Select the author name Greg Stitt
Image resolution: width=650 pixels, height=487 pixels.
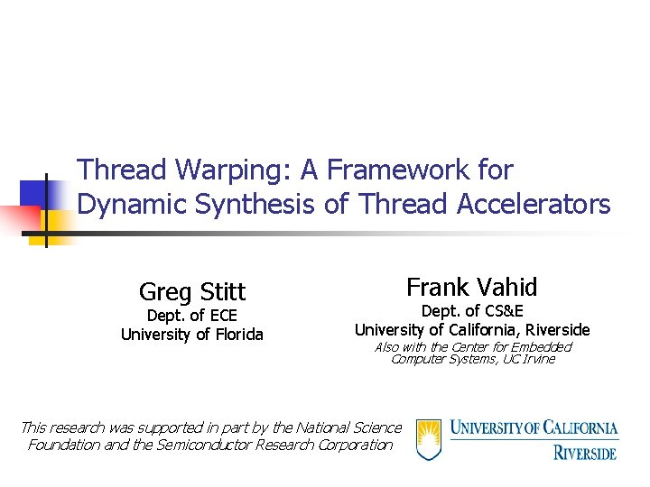pyautogui.click(x=192, y=292)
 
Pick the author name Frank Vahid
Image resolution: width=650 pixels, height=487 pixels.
pyautogui.click(x=471, y=288)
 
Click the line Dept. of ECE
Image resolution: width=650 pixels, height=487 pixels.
pyautogui.click(x=192, y=316)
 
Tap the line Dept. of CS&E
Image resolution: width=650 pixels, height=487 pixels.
pyautogui.click(x=472, y=311)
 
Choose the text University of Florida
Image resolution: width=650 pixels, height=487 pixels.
pyautogui.click(x=192, y=335)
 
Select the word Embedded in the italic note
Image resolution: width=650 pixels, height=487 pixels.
pyautogui.click(x=540, y=347)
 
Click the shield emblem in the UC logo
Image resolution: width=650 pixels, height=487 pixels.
pyautogui.click(x=429, y=439)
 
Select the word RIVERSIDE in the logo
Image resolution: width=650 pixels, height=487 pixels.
pyautogui.click(x=585, y=452)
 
